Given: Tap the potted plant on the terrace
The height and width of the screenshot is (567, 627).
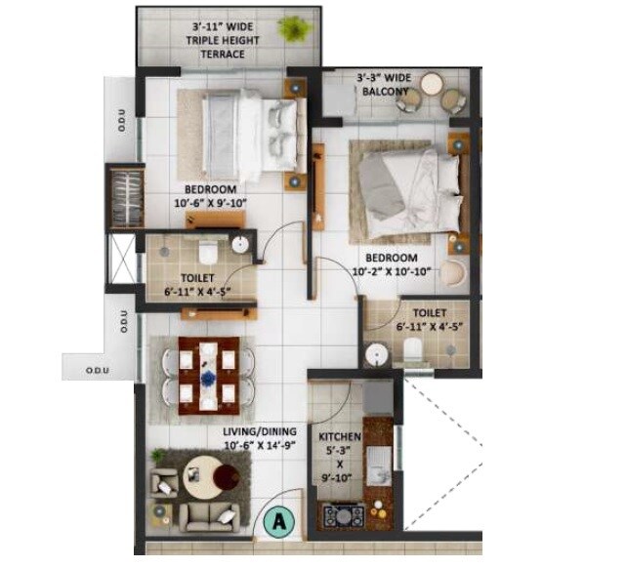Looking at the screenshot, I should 290,30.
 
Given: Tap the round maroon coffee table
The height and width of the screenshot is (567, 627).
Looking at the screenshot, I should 226,477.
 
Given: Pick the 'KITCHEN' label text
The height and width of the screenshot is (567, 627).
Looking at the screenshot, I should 340,437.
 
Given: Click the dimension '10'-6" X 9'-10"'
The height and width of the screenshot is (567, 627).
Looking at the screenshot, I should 210,203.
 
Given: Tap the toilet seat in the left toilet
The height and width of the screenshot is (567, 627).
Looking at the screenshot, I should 206,249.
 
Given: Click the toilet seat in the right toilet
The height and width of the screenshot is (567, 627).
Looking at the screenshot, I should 411,349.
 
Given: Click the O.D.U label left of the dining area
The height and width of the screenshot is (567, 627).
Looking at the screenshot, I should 123,323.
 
